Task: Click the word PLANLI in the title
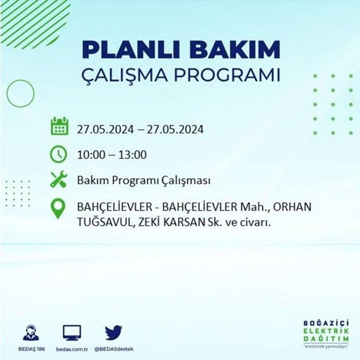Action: point(131,49)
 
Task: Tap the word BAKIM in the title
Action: point(235,49)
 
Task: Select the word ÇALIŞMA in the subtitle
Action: point(125,75)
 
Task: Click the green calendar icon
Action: point(59,126)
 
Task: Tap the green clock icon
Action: point(59,154)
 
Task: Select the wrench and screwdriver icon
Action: point(59,180)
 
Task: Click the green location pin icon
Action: point(58,208)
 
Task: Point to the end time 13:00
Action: point(132,155)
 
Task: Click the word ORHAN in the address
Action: point(292,207)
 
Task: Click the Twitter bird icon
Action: point(114,333)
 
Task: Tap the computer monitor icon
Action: point(72,333)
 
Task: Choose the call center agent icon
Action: point(31,333)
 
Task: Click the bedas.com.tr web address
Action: point(72,349)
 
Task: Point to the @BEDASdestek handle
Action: point(114,349)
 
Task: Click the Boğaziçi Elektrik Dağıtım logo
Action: point(326,334)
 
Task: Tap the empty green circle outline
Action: point(7,94)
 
